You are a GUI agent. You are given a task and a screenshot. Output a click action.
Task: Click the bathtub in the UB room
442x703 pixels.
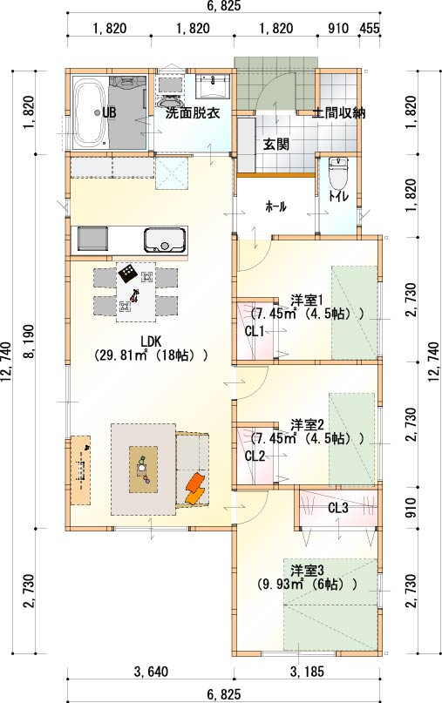(x=89, y=113)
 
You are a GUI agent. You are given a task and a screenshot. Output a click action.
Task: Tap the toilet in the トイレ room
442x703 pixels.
(x=338, y=175)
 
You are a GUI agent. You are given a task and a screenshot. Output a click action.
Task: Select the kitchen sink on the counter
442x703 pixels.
(x=165, y=240)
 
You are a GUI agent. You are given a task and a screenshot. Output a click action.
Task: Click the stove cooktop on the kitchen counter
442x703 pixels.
(x=93, y=239)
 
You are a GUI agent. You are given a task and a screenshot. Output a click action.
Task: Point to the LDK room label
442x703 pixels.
(x=150, y=341)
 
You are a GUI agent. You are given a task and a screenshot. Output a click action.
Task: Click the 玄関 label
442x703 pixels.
(x=276, y=145)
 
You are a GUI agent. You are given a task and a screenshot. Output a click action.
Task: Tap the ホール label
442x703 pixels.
(x=276, y=206)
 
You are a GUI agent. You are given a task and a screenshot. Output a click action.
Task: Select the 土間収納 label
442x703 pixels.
(x=339, y=112)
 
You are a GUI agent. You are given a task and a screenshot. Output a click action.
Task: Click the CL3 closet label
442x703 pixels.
(x=338, y=508)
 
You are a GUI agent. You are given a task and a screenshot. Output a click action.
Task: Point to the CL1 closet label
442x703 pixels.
(x=255, y=331)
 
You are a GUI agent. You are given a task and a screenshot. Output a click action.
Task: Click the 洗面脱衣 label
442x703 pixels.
(x=193, y=113)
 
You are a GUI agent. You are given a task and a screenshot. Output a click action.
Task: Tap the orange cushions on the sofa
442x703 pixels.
(x=195, y=488)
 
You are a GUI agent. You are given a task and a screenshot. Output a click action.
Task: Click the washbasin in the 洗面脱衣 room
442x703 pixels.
(x=214, y=86)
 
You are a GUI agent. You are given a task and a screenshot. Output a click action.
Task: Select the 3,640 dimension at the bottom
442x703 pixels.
(x=151, y=672)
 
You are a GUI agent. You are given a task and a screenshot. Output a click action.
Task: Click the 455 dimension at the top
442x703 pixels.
(x=370, y=28)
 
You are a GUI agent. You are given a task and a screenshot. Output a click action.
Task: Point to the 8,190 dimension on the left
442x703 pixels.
(x=28, y=341)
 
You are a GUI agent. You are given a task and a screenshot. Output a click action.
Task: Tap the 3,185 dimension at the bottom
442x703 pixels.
(x=307, y=672)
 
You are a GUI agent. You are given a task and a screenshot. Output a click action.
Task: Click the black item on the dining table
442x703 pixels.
(x=127, y=273)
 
